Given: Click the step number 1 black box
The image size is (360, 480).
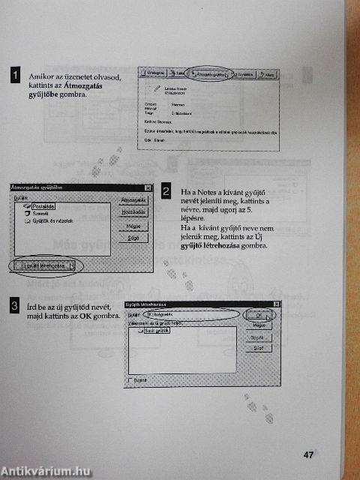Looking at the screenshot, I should point(14,75).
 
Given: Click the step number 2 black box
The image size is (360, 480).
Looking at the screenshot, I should point(166,191).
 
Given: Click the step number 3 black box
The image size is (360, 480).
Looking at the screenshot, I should point(14,305).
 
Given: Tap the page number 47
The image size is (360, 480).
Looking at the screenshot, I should point(308,454).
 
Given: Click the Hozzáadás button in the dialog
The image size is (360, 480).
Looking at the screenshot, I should point(133,213).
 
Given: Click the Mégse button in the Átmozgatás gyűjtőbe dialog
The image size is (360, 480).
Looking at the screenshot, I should point(133,225).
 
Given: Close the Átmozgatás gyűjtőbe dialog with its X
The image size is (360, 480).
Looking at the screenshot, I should point(148,187).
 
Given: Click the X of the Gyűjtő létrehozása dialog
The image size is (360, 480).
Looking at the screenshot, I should point(276,304).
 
